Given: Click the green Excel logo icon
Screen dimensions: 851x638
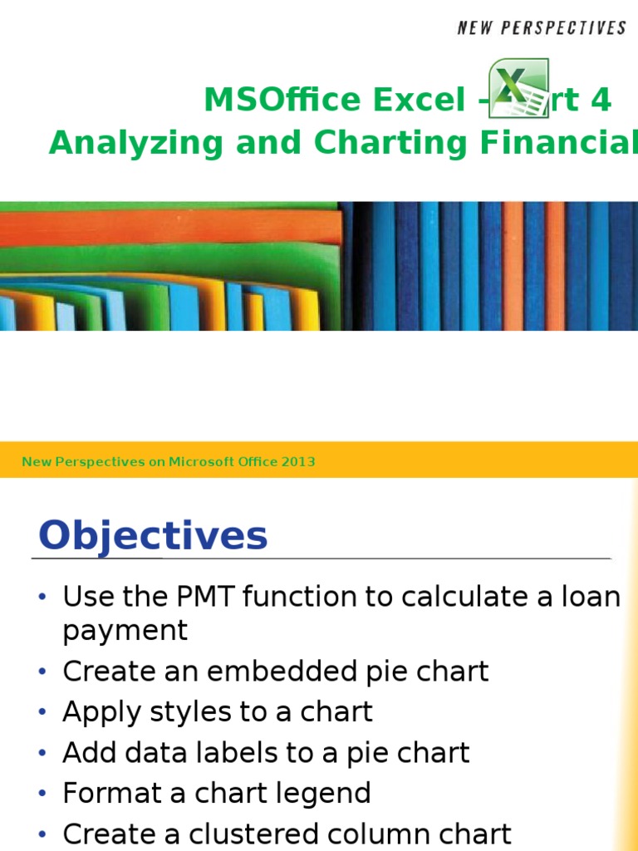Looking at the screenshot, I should coord(518,88).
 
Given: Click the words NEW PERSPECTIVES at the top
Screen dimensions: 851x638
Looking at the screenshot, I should coord(542,28).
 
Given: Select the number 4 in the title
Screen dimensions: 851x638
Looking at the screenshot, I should coord(601,101).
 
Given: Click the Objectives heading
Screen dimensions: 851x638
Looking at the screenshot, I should coord(154,535).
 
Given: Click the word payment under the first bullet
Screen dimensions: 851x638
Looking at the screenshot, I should coord(125,632).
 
